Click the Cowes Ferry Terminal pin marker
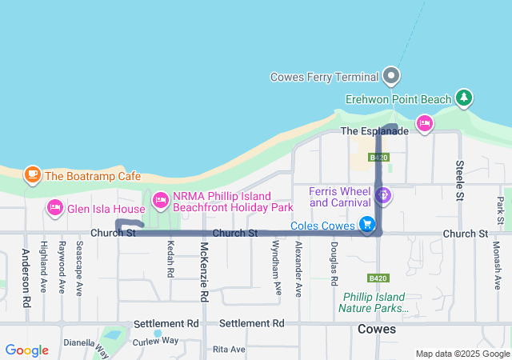pyautogui.click(x=391, y=76)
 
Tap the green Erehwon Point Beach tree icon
pyautogui.click(x=463, y=98)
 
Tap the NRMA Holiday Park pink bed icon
pyautogui.click(x=160, y=199)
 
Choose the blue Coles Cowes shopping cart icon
pyautogui.click(x=367, y=225)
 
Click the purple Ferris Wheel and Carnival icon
pyautogui.click(x=383, y=194)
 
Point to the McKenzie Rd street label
pyautogui.click(x=204, y=273)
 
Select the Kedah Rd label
pyautogui.click(x=170, y=260)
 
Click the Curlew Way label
pyautogui.click(x=155, y=340)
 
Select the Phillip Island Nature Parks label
pyautogui.click(x=374, y=302)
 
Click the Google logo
pyautogui.click(x=26, y=350)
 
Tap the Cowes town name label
pyautogui.click(x=377, y=329)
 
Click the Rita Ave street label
pyautogui.click(x=229, y=350)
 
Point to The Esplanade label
pyautogui.click(x=374, y=130)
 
